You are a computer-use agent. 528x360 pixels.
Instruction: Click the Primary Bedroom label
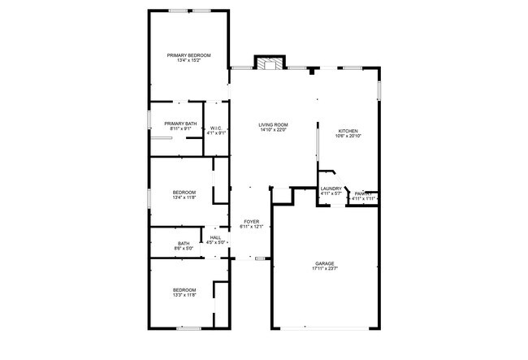point(188,55)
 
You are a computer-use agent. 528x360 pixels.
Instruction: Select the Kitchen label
point(348,131)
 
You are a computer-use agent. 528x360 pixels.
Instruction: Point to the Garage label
point(325,263)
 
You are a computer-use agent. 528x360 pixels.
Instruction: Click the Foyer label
point(251,221)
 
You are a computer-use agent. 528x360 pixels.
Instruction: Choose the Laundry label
point(331,189)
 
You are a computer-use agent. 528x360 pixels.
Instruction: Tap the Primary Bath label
point(180,124)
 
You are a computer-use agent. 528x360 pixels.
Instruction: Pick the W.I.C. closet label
point(216,128)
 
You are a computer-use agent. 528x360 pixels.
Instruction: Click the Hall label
point(216,236)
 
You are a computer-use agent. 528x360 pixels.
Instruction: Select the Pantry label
point(364,193)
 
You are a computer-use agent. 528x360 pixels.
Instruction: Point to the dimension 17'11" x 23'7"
point(325,269)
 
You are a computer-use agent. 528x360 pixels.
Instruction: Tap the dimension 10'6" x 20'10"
point(348,137)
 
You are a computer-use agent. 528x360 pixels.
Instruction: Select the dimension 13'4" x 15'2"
point(188,61)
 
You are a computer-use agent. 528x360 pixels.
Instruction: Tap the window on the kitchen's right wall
point(378,90)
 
